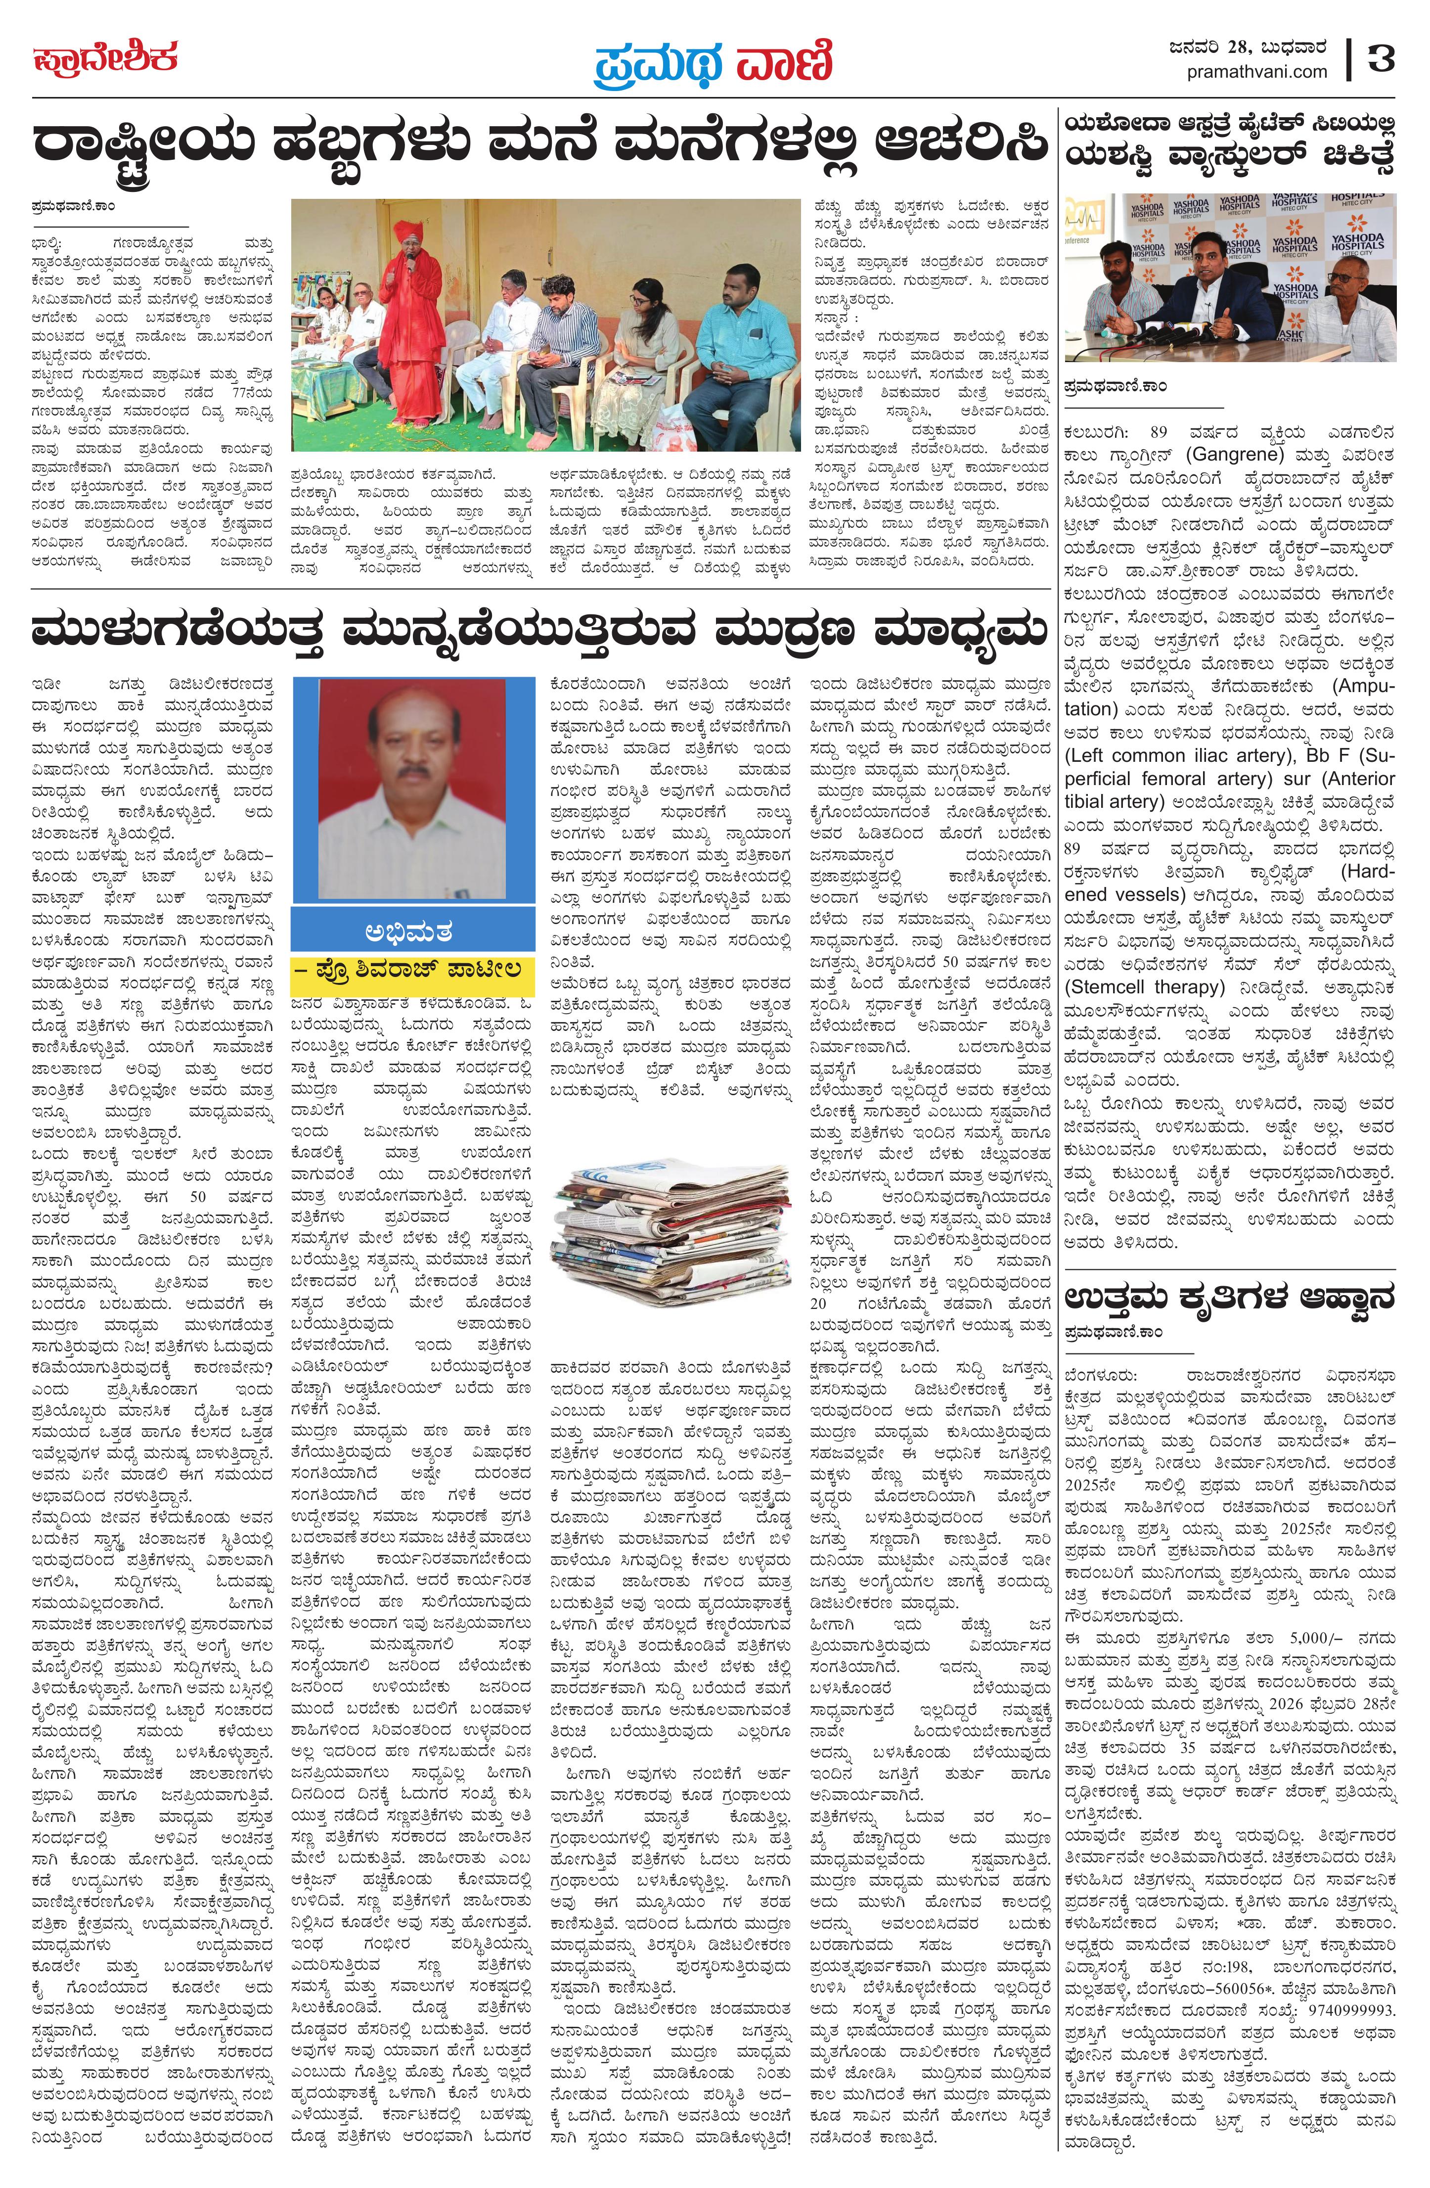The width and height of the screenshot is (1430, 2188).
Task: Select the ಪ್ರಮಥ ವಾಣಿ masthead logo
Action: click(712, 62)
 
